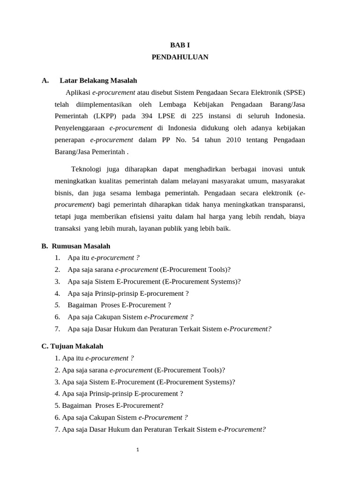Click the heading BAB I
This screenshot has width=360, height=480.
180,45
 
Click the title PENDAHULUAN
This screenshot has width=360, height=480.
180,57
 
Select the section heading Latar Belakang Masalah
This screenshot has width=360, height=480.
98,81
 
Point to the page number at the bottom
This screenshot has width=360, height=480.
138,450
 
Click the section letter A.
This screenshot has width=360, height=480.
45,81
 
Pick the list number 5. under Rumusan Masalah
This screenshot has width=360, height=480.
57,305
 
